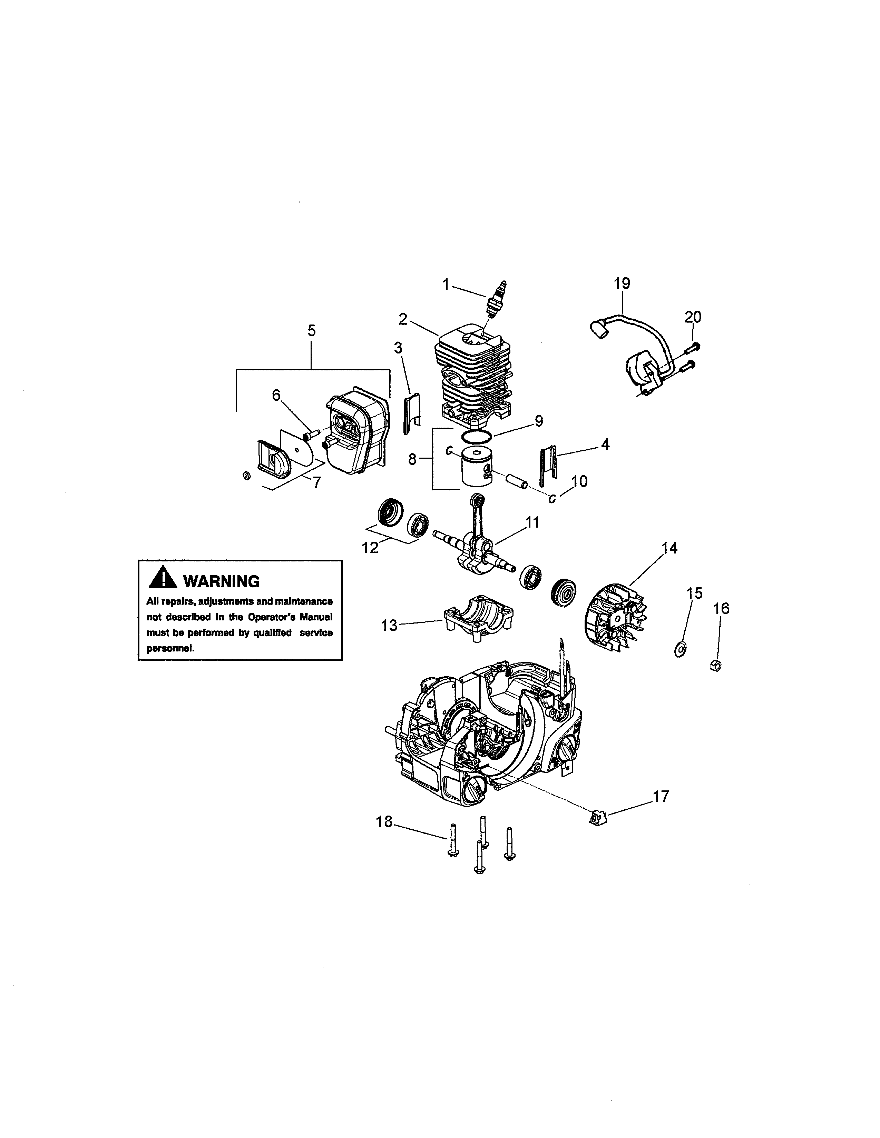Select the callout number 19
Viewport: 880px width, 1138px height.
coord(622,283)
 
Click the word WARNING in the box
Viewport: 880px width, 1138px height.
coord(221,581)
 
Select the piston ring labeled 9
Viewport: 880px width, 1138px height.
coord(477,436)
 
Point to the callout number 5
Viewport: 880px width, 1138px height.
coord(311,330)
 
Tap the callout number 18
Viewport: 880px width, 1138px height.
coord(384,822)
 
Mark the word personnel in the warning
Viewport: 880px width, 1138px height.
coord(170,649)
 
